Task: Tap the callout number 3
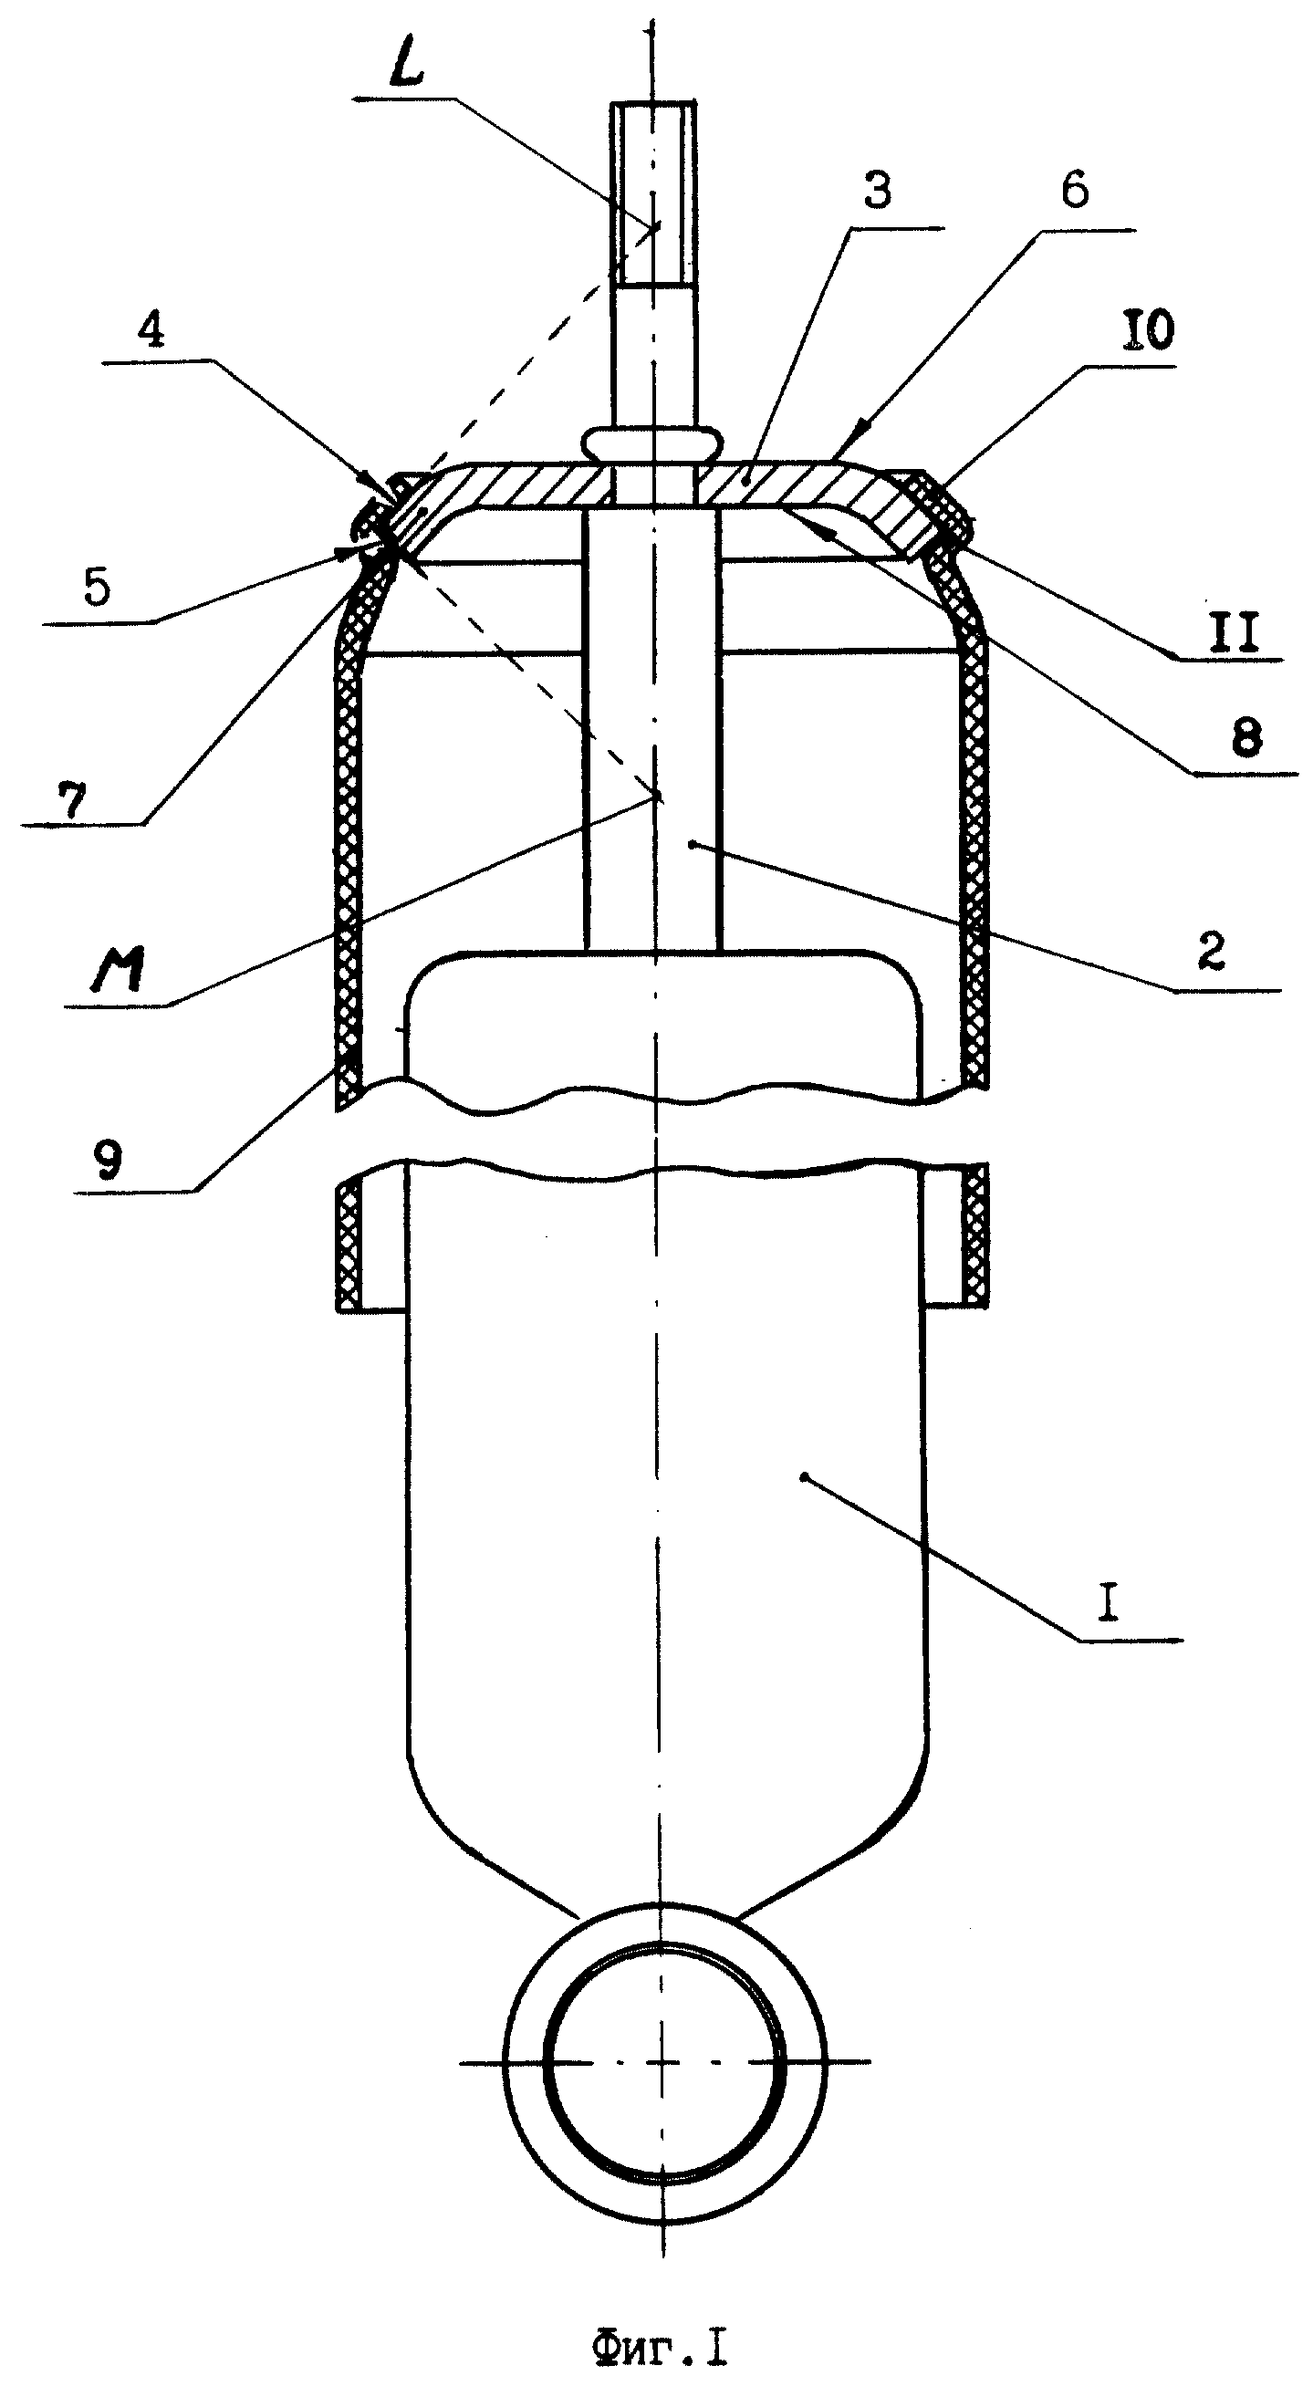tap(878, 190)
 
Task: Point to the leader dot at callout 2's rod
tap(692, 844)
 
